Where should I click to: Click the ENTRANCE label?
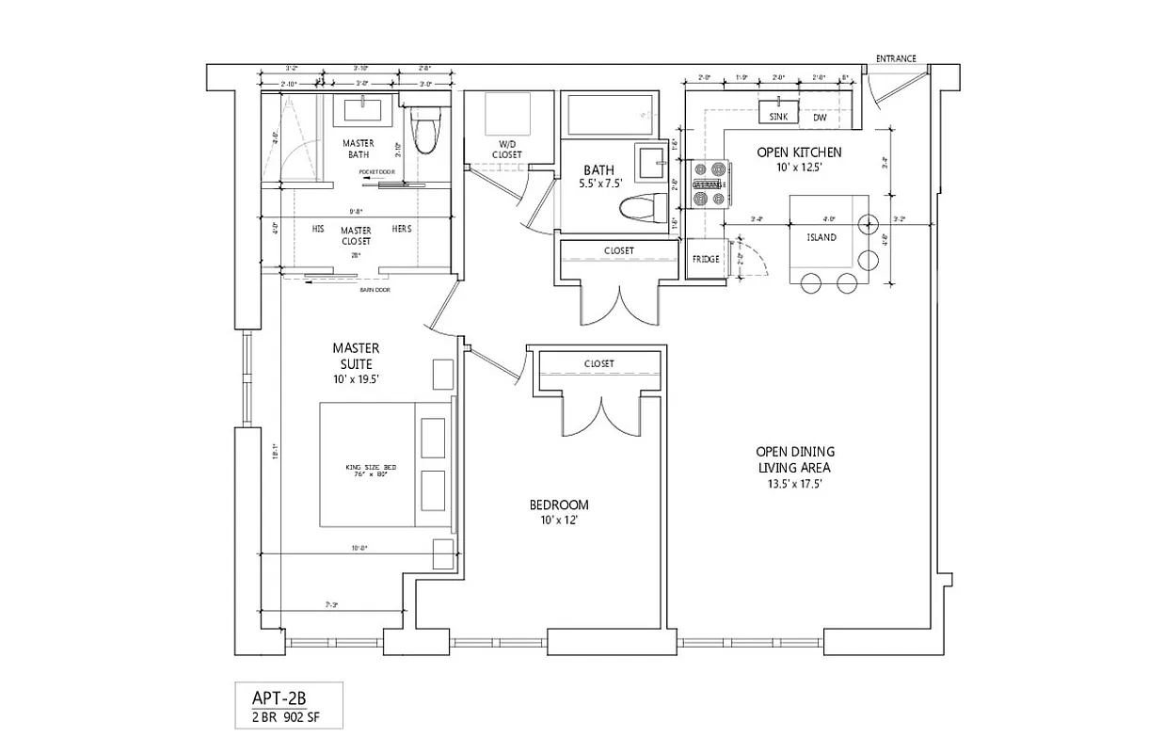pyautogui.click(x=895, y=58)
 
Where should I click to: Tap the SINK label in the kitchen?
pyautogui.click(x=777, y=118)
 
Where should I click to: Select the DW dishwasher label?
pyautogui.click(x=820, y=118)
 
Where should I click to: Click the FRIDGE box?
pyautogui.click(x=705, y=259)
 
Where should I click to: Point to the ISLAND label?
pyautogui.click(x=821, y=238)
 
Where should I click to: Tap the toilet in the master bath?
pyautogui.click(x=424, y=132)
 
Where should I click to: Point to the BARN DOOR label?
pyautogui.click(x=375, y=290)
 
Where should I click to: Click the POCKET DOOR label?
pyautogui.click(x=376, y=172)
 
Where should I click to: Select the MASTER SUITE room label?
pyautogui.click(x=356, y=356)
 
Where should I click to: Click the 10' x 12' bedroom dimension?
pyautogui.click(x=559, y=521)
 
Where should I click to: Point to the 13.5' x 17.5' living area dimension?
pyautogui.click(x=795, y=485)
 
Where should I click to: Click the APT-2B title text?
pyautogui.click(x=279, y=697)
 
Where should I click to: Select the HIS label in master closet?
pyautogui.click(x=319, y=229)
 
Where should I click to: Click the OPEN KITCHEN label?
pyautogui.click(x=799, y=152)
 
